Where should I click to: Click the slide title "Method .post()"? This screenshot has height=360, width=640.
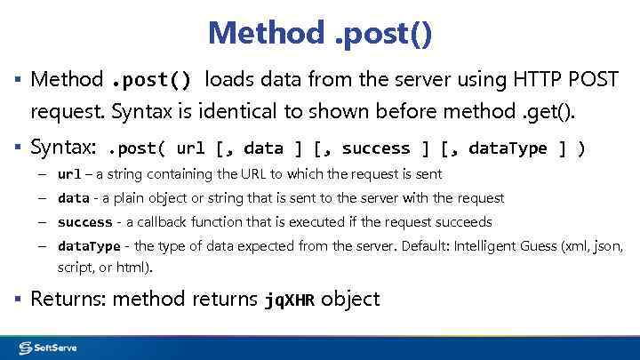click(320, 33)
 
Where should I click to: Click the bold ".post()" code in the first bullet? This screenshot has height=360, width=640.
click(150, 81)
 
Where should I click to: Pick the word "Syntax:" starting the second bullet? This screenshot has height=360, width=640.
click(63, 148)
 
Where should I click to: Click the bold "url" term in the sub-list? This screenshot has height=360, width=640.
click(69, 174)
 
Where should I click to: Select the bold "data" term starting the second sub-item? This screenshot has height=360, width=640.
click(73, 198)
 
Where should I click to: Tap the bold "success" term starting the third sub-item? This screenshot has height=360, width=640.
click(84, 222)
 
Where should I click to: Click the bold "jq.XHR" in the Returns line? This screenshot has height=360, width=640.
click(290, 300)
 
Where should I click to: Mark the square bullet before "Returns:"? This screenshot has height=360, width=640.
click(19, 300)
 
